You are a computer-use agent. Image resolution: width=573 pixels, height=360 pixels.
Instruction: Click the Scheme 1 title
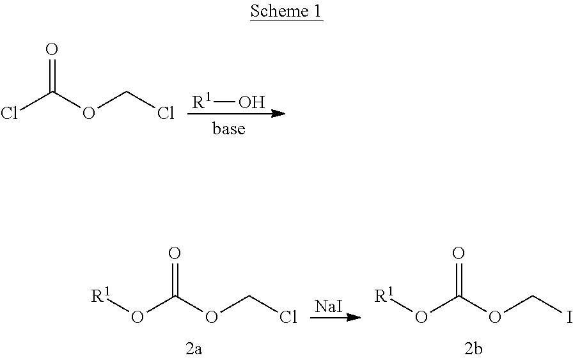pyautogui.click(x=286, y=11)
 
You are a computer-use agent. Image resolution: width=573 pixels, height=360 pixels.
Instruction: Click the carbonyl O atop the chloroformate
pyautogui.click(x=52, y=49)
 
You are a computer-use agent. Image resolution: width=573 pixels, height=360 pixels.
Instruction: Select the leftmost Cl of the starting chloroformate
pyautogui.click(x=9, y=113)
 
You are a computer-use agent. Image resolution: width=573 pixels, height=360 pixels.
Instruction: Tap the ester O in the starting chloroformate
pyautogui.click(x=88, y=113)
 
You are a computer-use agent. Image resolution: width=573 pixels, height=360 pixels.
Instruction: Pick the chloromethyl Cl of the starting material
pyautogui.click(x=166, y=113)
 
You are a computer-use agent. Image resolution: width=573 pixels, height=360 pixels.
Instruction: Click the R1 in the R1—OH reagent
pyautogui.click(x=201, y=102)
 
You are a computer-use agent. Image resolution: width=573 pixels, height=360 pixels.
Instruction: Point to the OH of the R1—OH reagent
pyautogui.click(x=251, y=102)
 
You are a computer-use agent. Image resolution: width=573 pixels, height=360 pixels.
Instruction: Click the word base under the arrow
pyautogui.click(x=229, y=129)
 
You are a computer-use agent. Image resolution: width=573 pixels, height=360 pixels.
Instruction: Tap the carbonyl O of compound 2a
pyautogui.click(x=175, y=253)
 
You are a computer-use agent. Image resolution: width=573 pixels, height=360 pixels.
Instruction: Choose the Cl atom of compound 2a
pyautogui.click(x=288, y=317)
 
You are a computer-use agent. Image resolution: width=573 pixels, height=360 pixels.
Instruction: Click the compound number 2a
pyautogui.click(x=194, y=349)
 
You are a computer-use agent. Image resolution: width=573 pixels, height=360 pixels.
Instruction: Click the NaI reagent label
pyautogui.click(x=329, y=306)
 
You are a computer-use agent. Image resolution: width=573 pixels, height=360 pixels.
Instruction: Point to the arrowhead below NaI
pyautogui.click(x=354, y=317)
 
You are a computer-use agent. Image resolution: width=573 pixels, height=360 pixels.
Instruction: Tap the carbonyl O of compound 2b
pyautogui.click(x=459, y=253)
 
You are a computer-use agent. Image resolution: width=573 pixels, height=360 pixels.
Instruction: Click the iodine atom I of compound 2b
pyautogui.click(x=569, y=317)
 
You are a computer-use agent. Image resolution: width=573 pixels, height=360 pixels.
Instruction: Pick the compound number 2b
pyautogui.click(x=473, y=349)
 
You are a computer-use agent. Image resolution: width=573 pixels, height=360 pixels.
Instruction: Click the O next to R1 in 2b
pyautogui.click(x=421, y=317)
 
